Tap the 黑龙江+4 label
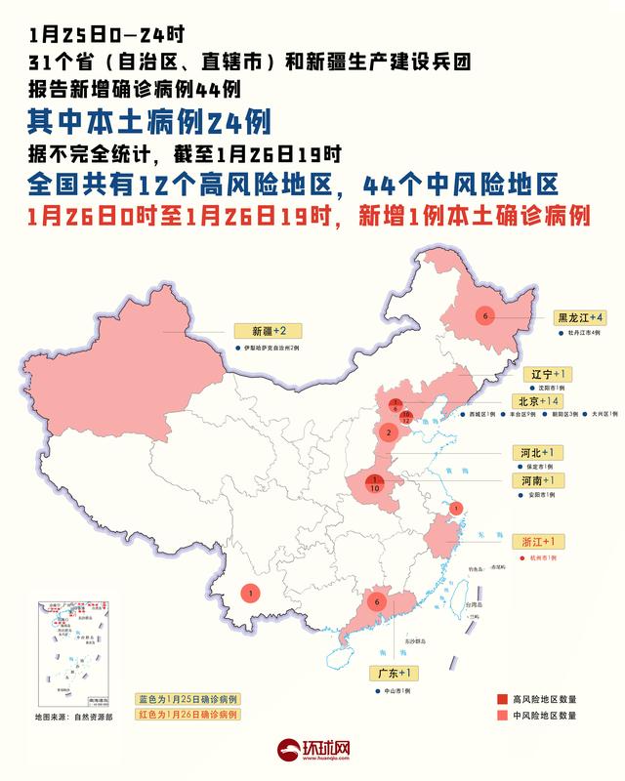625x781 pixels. [582, 317]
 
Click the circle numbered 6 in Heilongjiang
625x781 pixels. [483, 315]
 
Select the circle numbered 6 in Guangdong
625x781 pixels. [376, 602]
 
